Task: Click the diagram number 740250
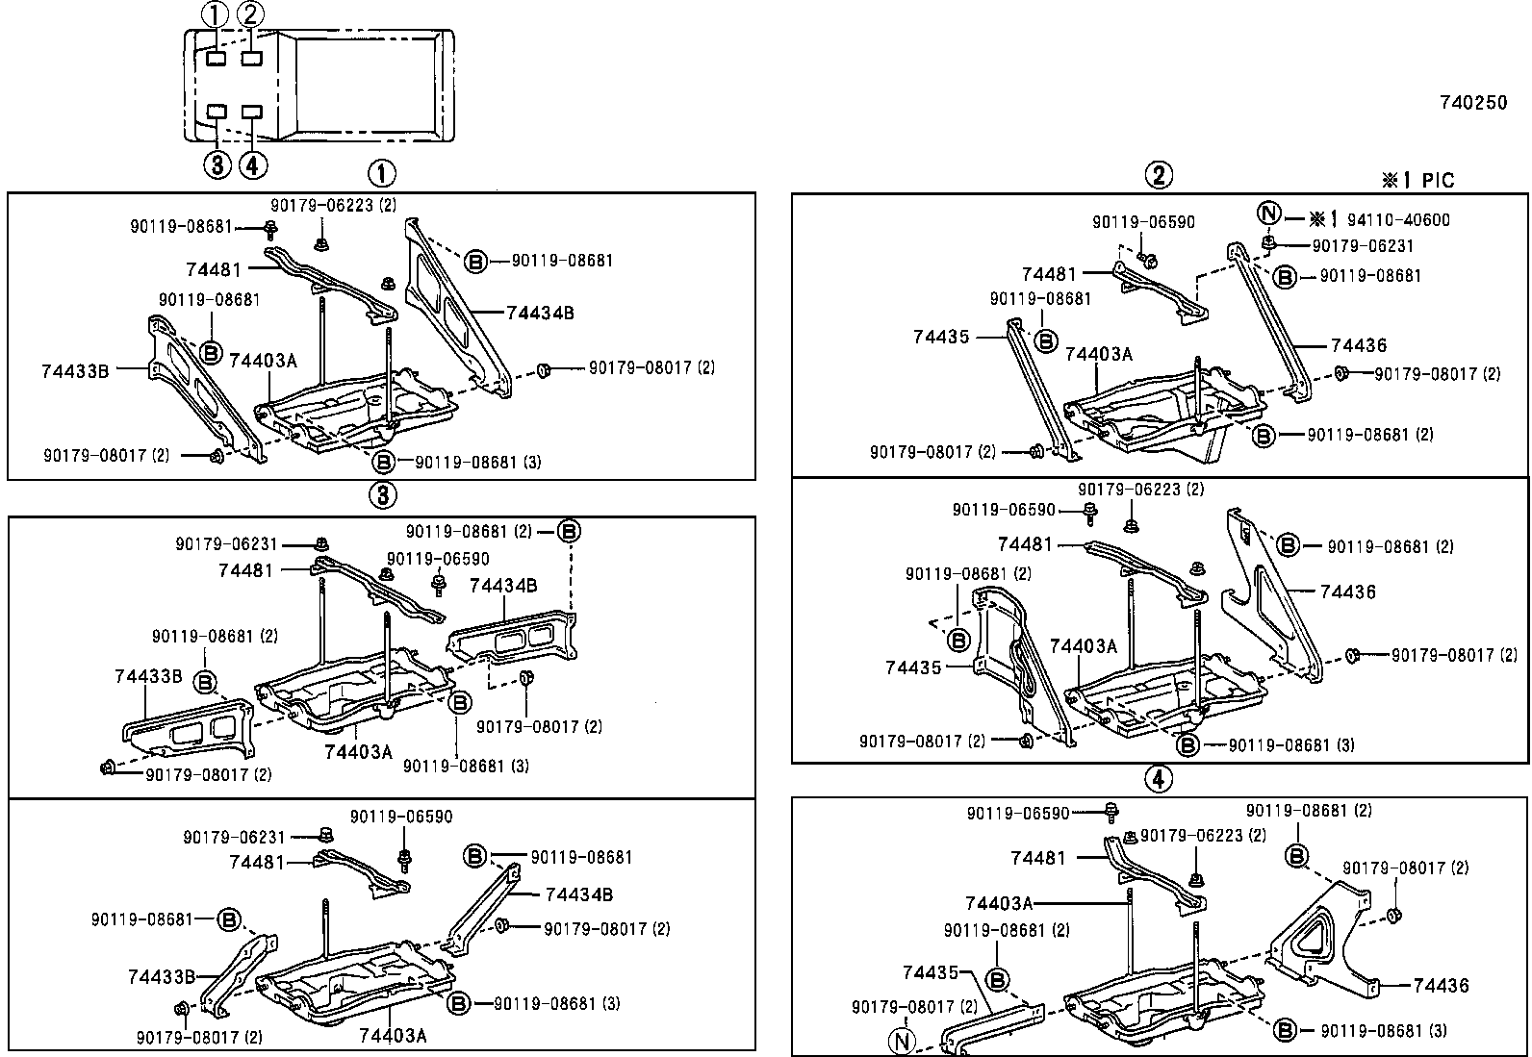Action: tap(1473, 103)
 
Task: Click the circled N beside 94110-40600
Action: tap(1270, 214)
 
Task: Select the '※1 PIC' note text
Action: tap(1417, 180)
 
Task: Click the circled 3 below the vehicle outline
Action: tap(217, 164)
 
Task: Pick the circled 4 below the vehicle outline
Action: tap(252, 164)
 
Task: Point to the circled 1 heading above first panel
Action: tap(382, 174)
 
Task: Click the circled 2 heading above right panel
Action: tap(1159, 174)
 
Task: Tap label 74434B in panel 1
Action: tap(540, 313)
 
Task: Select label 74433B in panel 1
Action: tap(75, 369)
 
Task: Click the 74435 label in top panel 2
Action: tap(941, 337)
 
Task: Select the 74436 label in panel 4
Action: tap(1441, 985)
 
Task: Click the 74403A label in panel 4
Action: tap(999, 902)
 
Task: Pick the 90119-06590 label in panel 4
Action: tap(1018, 814)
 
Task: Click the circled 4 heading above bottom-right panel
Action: tap(1159, 780)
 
